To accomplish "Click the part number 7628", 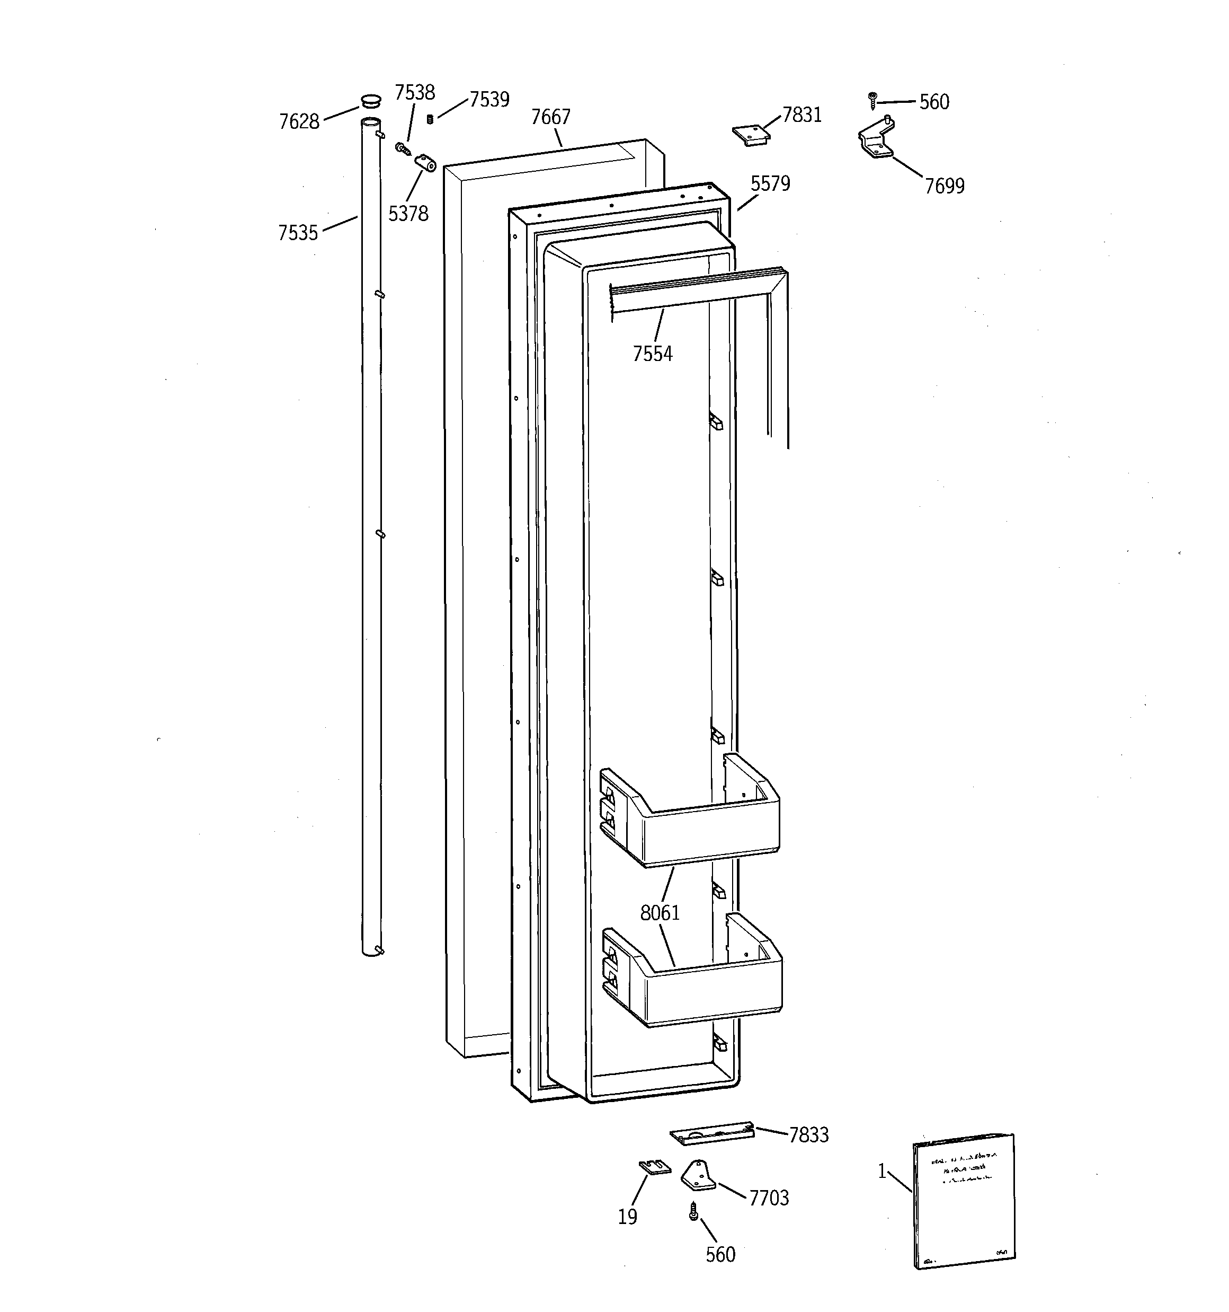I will pyautogui.click(x=299, y=121).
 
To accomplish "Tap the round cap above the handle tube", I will pyautogui.click(x=371, y=101).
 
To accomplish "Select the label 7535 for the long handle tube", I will pyautogui.click(x=298, y=233).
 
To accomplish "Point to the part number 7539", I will pyautogui.click(x=489, y=100).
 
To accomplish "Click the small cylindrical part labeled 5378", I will pyautogui.click(x=425, y=162).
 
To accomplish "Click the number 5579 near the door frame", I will pyautogui.click(x=770, y=183).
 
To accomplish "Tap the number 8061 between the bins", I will pyautogui.click(x=660, y=913).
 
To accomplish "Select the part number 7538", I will pyautogui.click(x=414, y=92).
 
